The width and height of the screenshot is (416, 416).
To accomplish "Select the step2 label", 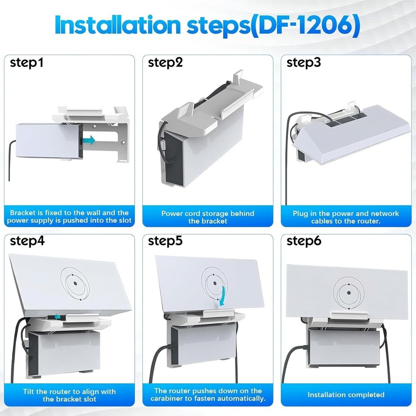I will pyautogui.click(x=166, y=63).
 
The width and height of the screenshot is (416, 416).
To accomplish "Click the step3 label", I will pyautogui.click(x=304, y=63).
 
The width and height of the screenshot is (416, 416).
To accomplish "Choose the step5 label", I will pyautogui.click(x=166, y=241).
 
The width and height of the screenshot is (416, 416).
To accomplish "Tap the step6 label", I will pyautogui.click(x=304, y=241).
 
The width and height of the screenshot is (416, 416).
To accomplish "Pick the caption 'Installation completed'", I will pyautogui.click(x=346, y=394).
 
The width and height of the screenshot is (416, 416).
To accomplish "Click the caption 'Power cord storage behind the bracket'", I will pyautogui.click(x=208, y=217).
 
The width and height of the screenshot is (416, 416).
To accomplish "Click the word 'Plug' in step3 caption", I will pyautogui.click(x=300, y=213).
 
